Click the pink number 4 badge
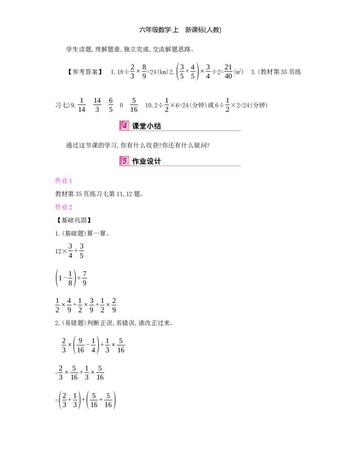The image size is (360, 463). [124, 126]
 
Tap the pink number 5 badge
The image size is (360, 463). [124, 161]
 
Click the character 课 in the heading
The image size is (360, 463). [136, 126]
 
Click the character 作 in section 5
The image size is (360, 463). [136, 161]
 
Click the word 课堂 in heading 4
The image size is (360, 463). [139, 126]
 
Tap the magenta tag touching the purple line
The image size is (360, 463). [64, 207]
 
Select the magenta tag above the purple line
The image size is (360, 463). [63, 181]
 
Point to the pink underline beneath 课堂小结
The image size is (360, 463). [189, 131]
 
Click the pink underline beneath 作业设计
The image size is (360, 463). [189, 167]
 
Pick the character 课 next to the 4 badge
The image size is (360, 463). [136, 126]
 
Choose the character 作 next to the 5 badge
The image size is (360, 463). [136, 161]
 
